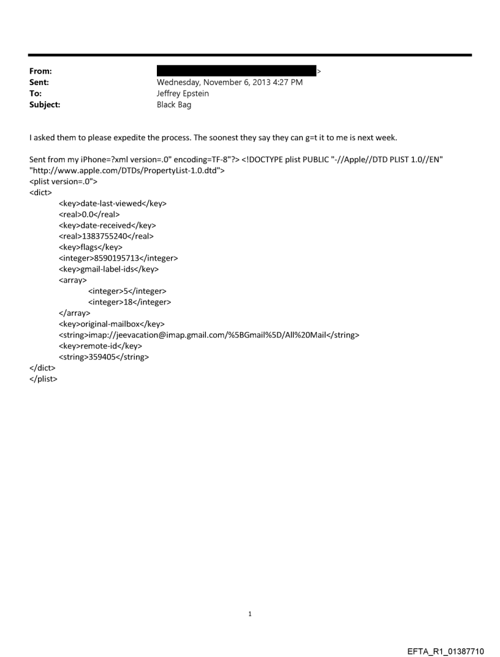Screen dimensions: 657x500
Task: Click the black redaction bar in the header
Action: click(237, 71)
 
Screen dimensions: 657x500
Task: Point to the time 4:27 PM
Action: click(286, 83)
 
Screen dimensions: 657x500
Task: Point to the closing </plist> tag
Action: click(44, 379)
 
